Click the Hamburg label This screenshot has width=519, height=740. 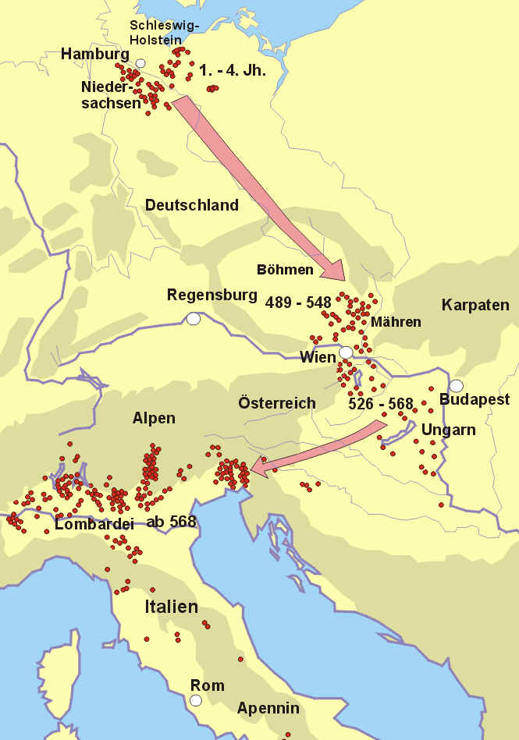click(94, 55)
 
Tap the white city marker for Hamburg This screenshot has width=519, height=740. click(140, 63)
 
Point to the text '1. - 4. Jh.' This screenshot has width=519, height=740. click(233, 71)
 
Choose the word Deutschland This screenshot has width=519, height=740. click(191, 206)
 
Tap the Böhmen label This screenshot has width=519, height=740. click(285, 270)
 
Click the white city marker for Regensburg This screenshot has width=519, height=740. click(193, 318)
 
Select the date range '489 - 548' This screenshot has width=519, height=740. click(298, 302)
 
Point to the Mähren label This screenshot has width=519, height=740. click(396, 322)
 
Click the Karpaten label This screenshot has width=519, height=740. click(475, 305)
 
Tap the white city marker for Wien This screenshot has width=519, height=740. click(346, 352)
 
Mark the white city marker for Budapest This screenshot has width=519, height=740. click(456, 385)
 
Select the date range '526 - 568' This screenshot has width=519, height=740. click(380, 404)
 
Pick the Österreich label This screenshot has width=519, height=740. click(277, 402)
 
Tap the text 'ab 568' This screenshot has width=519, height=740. click(170, 522)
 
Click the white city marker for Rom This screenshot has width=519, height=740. click(196, 700)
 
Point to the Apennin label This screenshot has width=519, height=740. click(268, 708)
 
